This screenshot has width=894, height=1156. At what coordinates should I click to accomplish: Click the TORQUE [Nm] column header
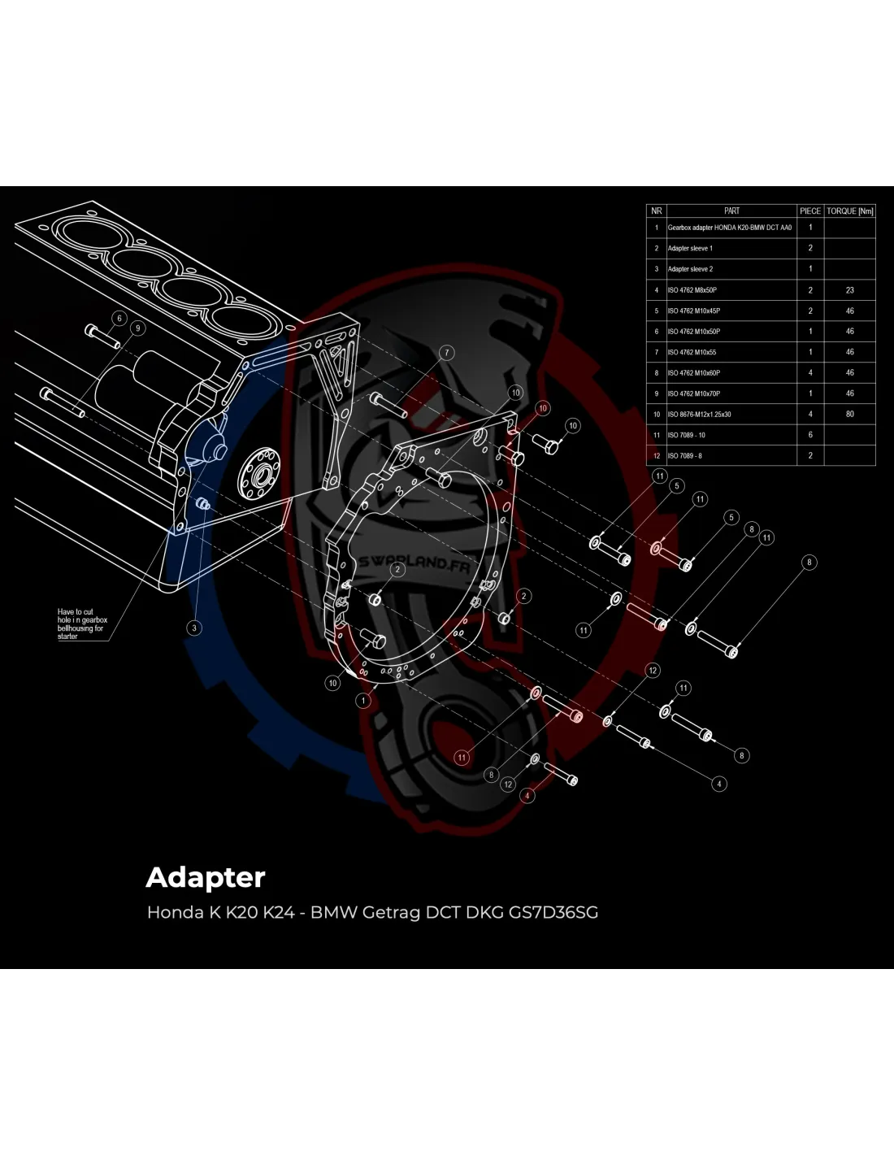point(849,211)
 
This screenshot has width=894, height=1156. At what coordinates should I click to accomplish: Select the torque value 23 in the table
point(849,290)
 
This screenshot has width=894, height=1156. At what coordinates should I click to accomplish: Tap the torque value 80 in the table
point(849,415)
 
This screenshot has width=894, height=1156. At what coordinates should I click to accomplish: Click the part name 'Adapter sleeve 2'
point(690,269)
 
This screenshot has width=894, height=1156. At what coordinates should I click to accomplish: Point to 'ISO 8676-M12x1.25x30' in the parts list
point(699,415)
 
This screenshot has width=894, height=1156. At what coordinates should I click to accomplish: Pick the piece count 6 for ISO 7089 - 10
point(809,435)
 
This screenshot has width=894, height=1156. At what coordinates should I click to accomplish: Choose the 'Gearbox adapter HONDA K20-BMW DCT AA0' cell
point(729,228)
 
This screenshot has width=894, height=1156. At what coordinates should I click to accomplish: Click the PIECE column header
point(809,211)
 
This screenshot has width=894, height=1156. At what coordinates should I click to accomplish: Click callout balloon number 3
point(194,628)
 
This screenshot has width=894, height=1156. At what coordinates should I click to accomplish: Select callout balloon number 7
point(446,353)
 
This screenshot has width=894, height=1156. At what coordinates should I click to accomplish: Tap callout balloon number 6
point(119,318)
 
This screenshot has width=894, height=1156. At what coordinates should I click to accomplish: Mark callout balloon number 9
point(137,328)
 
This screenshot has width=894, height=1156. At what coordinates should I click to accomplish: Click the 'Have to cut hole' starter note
point(80,624)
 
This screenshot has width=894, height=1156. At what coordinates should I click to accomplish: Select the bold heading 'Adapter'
point(206,877)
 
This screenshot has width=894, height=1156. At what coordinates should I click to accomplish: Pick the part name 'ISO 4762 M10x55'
point(692,352)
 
